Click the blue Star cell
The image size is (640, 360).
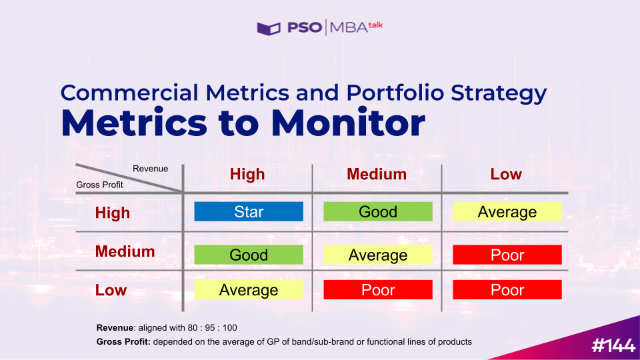tap(249, 211)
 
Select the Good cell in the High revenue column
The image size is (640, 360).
tap(249, 255)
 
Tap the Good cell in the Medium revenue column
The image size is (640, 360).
tap(378, 211)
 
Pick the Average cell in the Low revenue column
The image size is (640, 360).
tap(507, 211)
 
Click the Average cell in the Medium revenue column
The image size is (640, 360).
tap(378, 255)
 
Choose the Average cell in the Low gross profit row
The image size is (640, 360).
tap(249, 289)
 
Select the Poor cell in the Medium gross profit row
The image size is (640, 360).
tap(507, 255)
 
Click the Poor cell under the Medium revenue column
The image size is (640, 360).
tap(378, 289)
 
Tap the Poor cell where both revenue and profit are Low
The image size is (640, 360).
tap(507, 289)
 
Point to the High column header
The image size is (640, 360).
tap(247, 174)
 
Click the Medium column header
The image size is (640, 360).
tap(377, 174)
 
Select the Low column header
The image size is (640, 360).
tap(506, 174)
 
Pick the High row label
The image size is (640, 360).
tap(113, 213)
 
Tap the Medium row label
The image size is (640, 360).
tap(125, 251)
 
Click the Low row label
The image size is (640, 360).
tap(111, 290)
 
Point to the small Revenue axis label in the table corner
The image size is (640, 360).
tap(150, 169)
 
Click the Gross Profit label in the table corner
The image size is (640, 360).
tap(99, 185)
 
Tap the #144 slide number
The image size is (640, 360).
tap(613, 346)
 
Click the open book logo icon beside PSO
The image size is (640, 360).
tap(269, 29)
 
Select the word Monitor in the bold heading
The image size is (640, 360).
tap(348, 123)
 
